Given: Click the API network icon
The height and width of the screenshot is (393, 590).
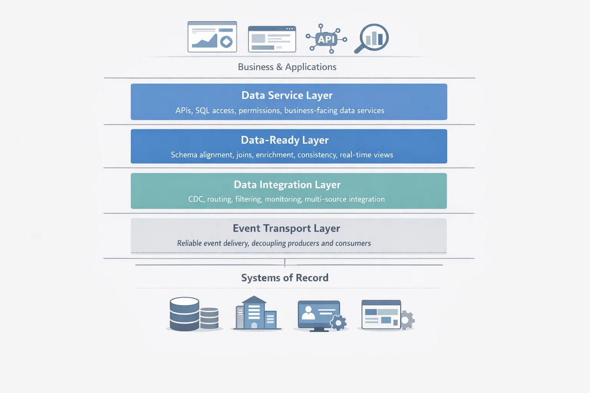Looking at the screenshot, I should tap(326, 39).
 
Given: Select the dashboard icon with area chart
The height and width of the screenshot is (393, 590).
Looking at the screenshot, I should tap(212, 37).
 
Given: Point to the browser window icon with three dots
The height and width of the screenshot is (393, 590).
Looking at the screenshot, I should tap(271, 39).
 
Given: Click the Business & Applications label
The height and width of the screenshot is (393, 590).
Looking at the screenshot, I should tap(287, 67).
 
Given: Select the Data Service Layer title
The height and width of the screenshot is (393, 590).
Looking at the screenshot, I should tap(287, 95).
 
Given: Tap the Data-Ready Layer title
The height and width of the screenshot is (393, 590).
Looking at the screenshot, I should tap(285, 140).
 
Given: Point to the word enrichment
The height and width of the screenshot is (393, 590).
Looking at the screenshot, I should tap(274, 155).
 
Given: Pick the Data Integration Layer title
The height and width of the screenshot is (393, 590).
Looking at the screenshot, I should tap(287, 185).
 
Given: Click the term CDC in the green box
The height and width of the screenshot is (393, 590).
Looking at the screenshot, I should tap(196, 199).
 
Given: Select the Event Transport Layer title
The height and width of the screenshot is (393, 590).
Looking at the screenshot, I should tap(286, 229).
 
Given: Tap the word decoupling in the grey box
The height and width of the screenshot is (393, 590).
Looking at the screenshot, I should tap(268, 243).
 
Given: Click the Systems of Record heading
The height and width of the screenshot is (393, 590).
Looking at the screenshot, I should tap(285, 278).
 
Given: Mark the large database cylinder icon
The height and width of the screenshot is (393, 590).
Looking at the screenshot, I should tap(184, 314).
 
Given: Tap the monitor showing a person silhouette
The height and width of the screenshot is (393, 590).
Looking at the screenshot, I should tap(318, 314).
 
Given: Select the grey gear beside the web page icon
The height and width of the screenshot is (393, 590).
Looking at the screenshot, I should tap(407, 320).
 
